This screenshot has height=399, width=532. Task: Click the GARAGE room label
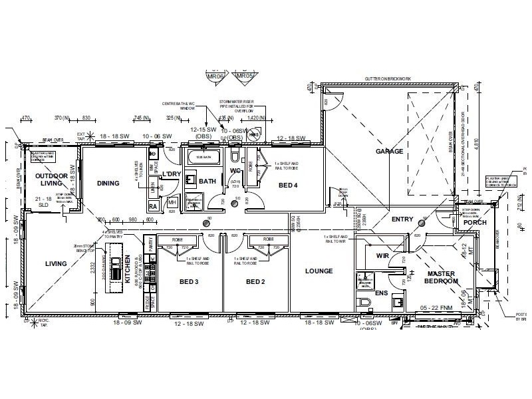[x=389, y=151]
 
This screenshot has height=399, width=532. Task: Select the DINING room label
[x=108, y=184]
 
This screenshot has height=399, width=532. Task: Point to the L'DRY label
[x=172, y=174]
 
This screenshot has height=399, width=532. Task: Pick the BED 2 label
[x=255, y=282]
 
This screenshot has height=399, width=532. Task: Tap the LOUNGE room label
[x=319, y=271]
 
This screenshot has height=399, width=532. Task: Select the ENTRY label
[x=402, y=219]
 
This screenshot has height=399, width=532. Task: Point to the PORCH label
[x=475, y=222]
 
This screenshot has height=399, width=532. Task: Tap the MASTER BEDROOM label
[x=442, y=277]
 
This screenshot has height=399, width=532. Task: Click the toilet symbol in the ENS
[x=363, y=303]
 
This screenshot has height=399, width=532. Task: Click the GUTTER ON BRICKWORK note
[x=387, y=78]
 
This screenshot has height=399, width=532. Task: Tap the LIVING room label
[x=56, y=263]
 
